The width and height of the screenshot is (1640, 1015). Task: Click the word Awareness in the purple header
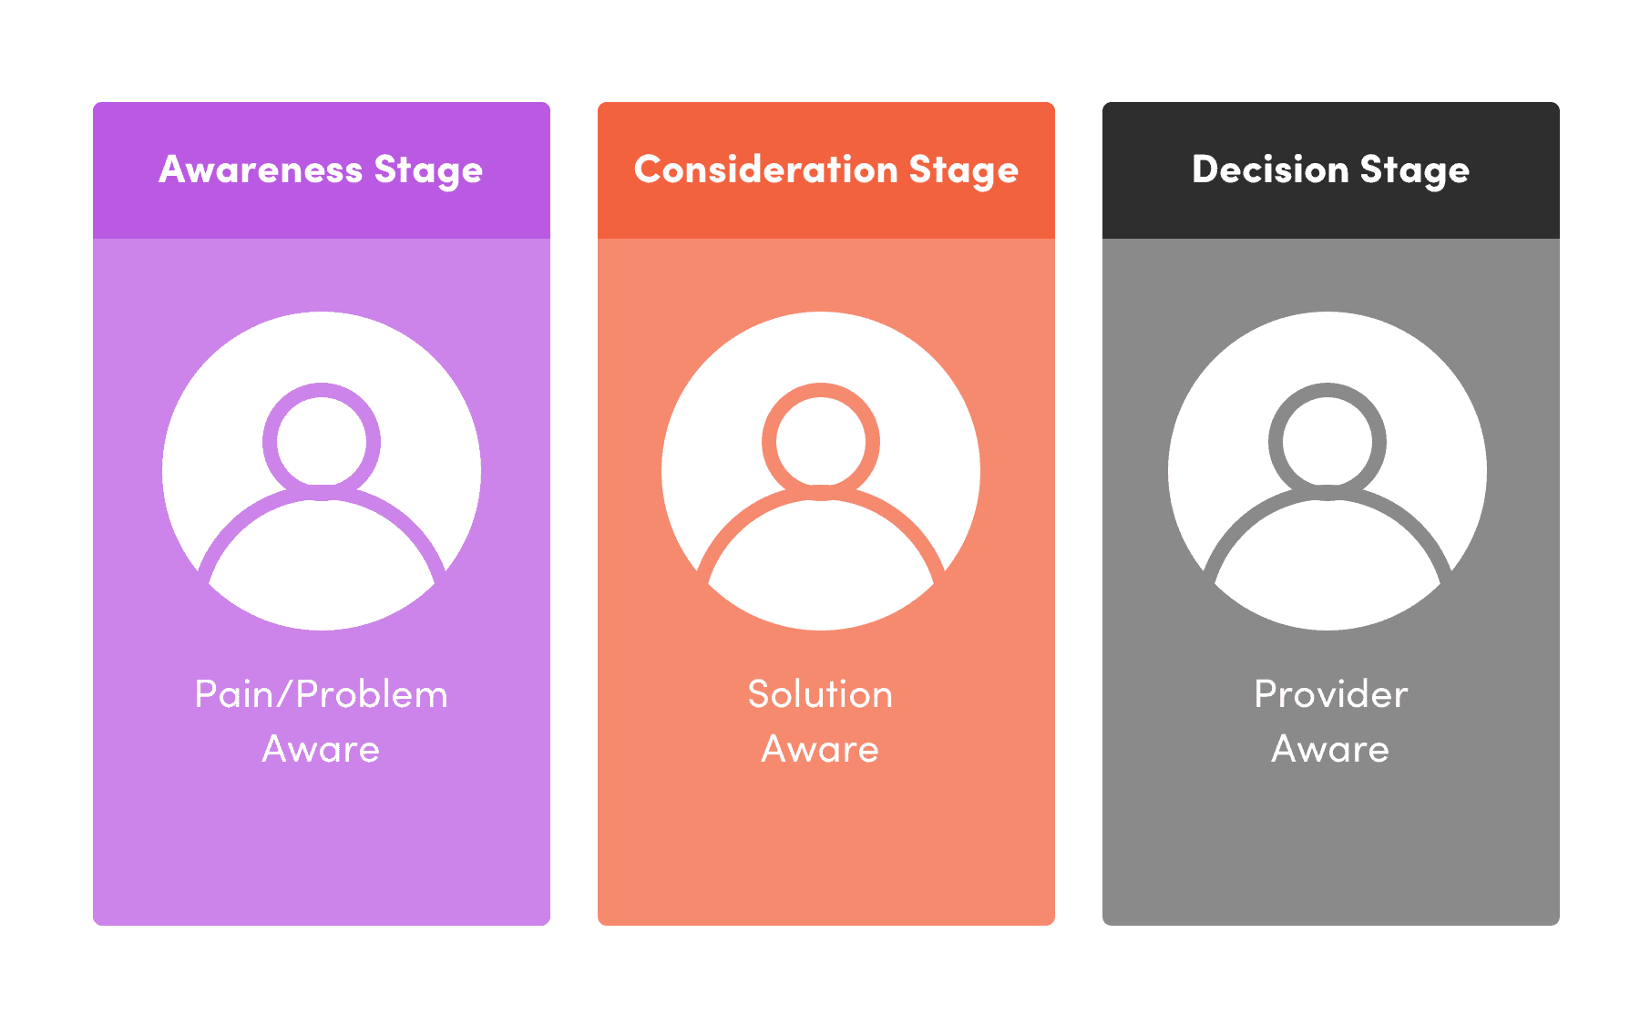click(x=261, y=169)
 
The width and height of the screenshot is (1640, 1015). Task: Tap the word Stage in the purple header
click(x=428, y=171)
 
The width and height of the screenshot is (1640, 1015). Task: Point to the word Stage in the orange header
click(x=964, y=171)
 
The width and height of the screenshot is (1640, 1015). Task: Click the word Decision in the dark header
click(x=1270, y=169)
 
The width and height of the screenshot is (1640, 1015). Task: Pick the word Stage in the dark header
click(x=1415, y=171)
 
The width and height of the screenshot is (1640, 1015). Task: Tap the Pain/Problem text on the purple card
click(x=322, y=694)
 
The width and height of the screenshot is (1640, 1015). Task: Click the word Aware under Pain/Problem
click(x=321, y=749)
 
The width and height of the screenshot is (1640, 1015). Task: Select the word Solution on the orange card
click(x=820, y=694)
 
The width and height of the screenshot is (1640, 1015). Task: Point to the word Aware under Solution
click(x=820, y=749)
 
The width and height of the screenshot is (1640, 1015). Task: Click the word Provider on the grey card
click(x=1330, y=694)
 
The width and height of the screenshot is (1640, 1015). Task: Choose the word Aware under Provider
click(x=1330, y=749)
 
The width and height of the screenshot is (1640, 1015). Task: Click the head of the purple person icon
click(x=322, y=384)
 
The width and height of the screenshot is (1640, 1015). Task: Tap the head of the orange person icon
click(x=821, y=384)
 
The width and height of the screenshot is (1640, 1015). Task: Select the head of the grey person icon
click(x=1327, y=384)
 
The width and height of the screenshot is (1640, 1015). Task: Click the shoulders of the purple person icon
click(x=322, y=493)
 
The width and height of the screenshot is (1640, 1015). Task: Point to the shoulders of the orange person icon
click(x=821, y=493)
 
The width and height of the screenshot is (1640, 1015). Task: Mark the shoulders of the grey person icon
click(x=1327, y=493)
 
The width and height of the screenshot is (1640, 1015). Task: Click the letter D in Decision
click(x=1206, y=169)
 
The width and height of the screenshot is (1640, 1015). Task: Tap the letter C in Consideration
click(x=651, y=169)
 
